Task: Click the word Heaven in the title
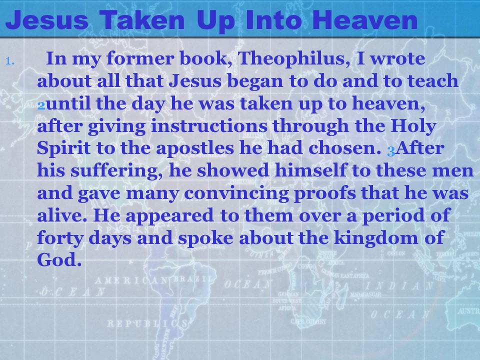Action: click(365, 19)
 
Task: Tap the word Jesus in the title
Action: click(47, 19)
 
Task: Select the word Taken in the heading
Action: click(142, 19)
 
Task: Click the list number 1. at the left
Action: click(10, 61)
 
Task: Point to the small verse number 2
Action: click(41, 106)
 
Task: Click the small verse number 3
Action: click(391, 150)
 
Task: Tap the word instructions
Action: click(209, 126)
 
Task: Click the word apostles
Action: click(194, 148)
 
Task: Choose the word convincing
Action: click(236, 193)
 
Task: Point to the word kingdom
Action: click(375, 238)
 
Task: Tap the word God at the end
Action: click(59, 259)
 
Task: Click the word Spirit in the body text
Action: click(63, 148)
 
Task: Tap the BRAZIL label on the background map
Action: click(193, 279)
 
